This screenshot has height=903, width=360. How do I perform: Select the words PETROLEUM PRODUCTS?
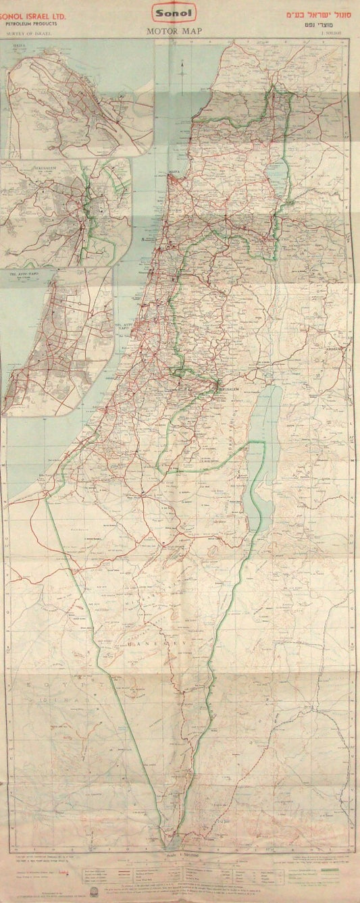(x=32, y=22)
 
